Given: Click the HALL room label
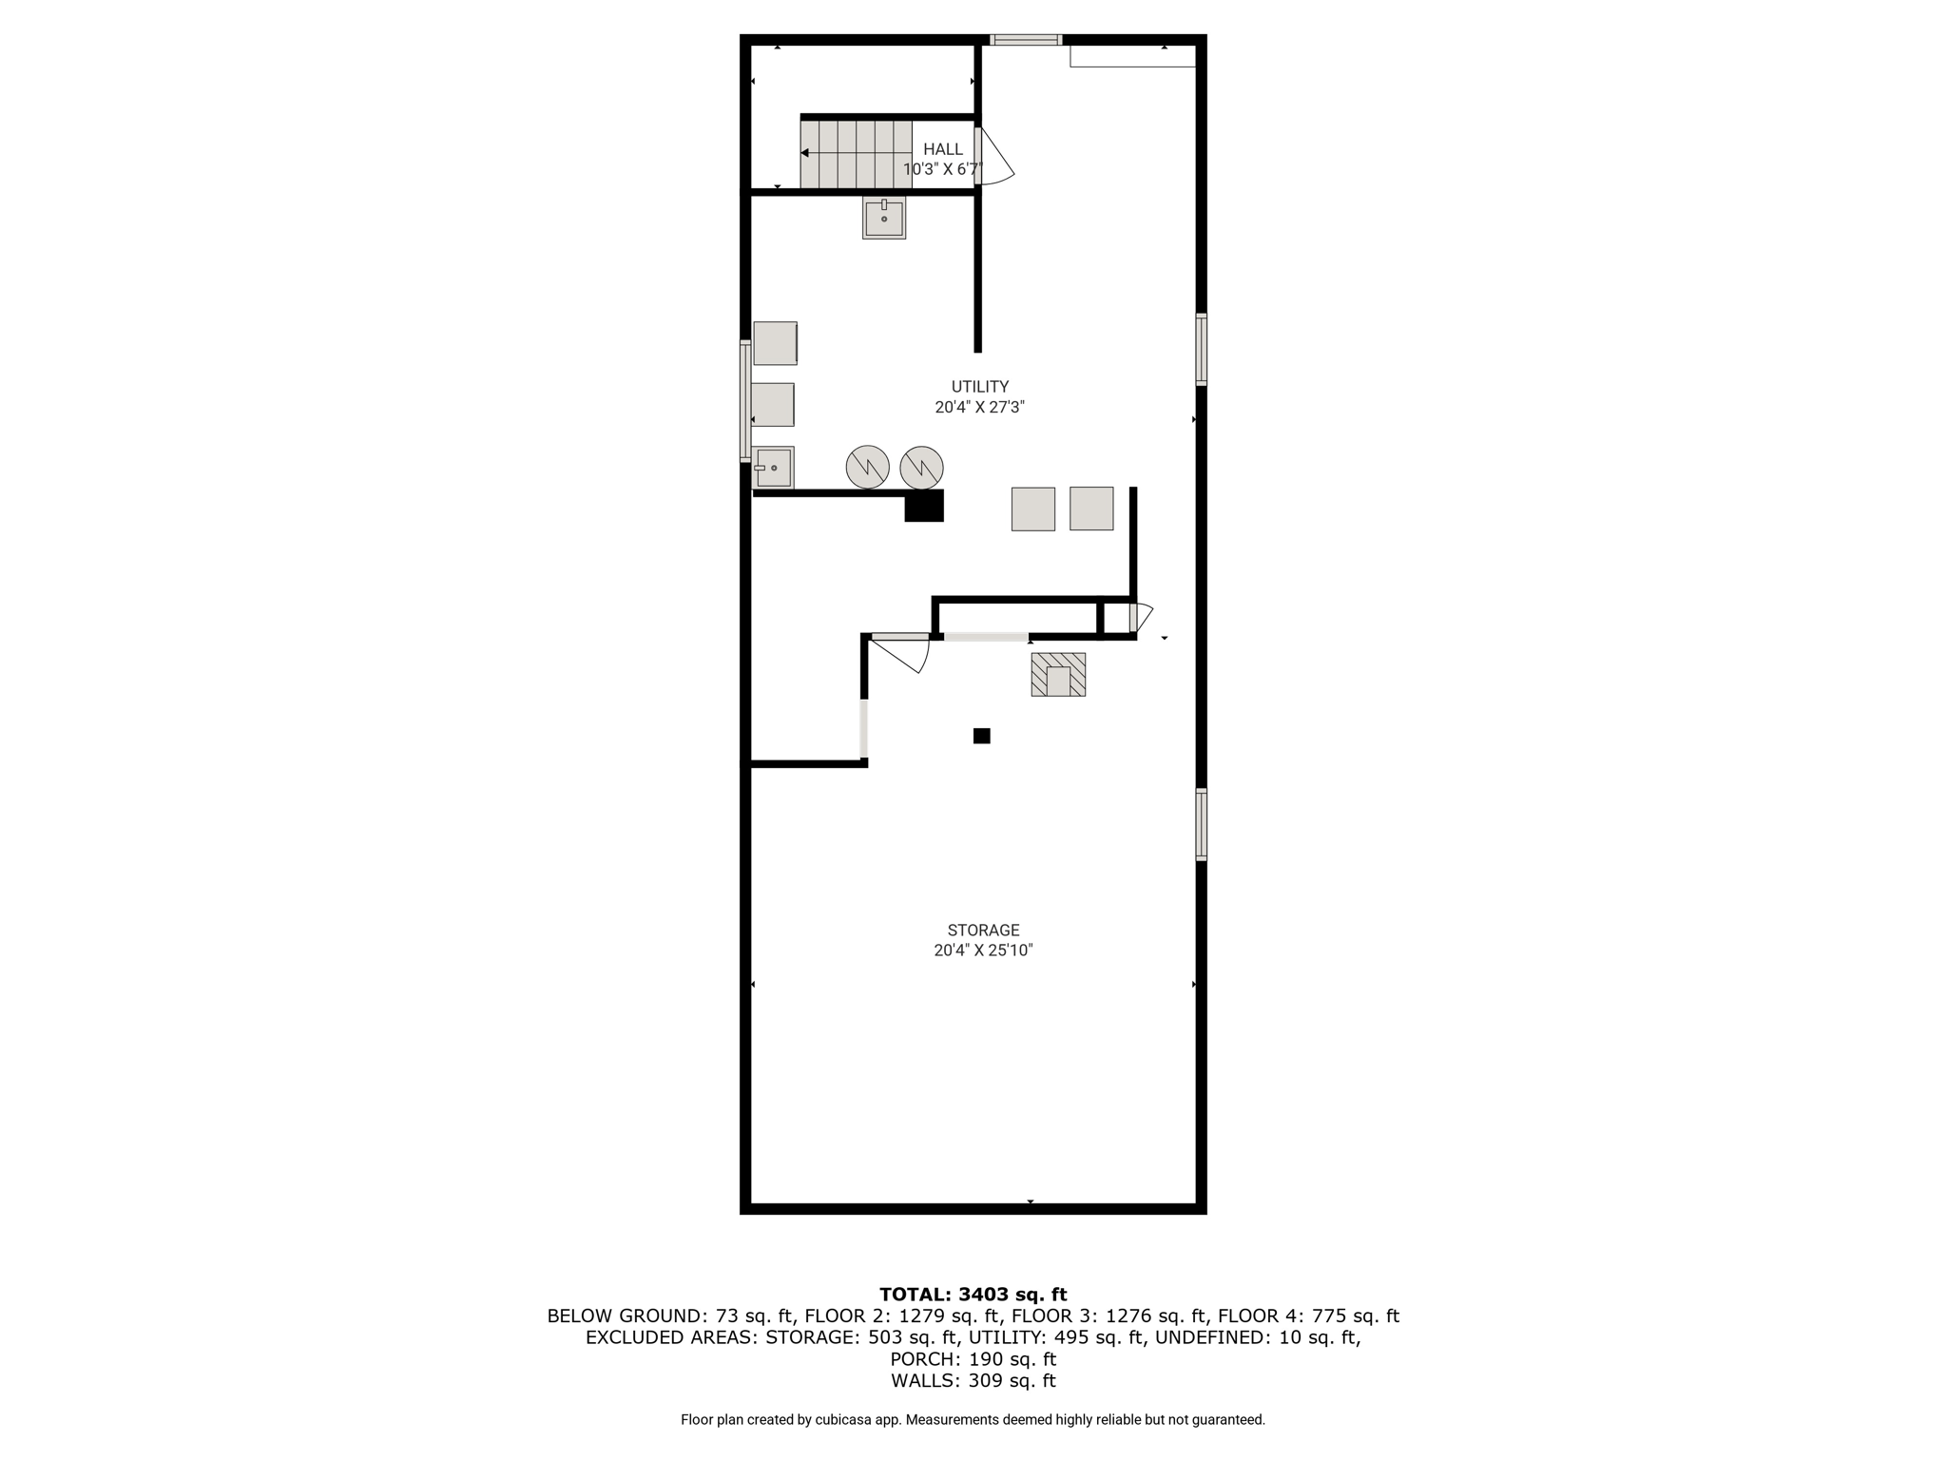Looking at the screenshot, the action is pos(943,149).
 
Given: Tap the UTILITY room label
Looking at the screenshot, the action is pos(980,387).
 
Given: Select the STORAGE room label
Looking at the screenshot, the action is pos(983,931).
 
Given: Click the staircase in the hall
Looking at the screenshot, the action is pos(856,154).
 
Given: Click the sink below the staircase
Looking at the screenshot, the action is pos(884,218).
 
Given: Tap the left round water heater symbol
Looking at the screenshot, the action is pos(868,467).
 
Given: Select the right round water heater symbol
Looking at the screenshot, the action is pos(921,467).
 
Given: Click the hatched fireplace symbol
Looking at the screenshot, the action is pos(1058,674).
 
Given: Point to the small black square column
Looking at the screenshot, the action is pos(982,736).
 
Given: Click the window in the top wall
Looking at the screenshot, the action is pos(1026,40).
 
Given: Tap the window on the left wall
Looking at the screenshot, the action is pos(745,401).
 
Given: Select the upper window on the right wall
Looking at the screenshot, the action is pos(1202,350).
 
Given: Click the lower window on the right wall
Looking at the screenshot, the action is pos(1202,825).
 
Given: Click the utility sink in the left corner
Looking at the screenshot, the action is pos(774,468).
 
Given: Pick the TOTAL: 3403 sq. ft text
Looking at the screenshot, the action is pos(973,1294).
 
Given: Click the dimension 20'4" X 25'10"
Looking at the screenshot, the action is pos(983,951).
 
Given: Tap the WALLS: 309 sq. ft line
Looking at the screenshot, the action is pos(973,1381).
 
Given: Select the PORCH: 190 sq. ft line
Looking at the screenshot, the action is pos(973,1359).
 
